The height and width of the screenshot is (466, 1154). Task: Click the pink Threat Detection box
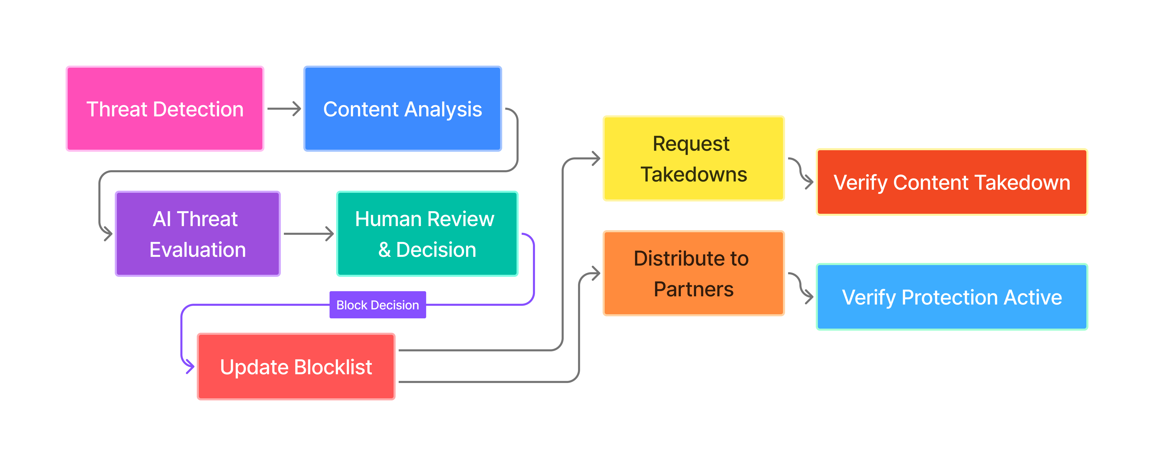(165, 109)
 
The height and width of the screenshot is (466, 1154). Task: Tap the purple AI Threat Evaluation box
(198, 234)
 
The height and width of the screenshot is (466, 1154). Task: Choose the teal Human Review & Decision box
(427, 234)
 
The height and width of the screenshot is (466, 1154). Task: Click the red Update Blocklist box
(296, 367)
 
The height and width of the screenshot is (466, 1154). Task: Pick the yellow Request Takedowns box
(694, 159)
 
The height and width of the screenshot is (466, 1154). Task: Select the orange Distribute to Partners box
(694, 273)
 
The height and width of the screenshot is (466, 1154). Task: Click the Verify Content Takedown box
(952, 182)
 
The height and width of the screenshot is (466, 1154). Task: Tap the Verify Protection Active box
(952, 297)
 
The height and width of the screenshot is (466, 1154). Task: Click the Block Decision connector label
(378, 305)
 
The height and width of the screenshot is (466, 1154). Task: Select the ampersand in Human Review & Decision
(384, 250)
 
